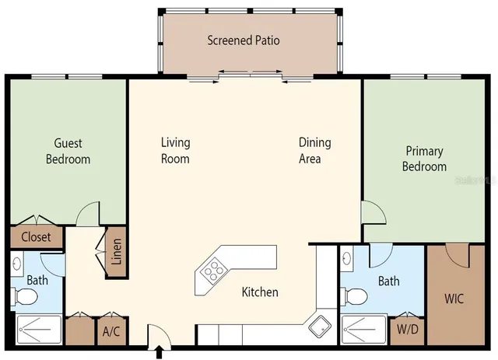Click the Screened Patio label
pos(243,40)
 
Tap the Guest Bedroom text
pos(68,152)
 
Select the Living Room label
pos(175,150)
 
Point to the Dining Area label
pos(314,150)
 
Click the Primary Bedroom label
pos(424,159)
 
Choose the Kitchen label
pos(260,292)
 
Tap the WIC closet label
pos(454,298)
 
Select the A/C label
pos(110,332)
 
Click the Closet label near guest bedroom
pos(36,237)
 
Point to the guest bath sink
pos(17,264)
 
